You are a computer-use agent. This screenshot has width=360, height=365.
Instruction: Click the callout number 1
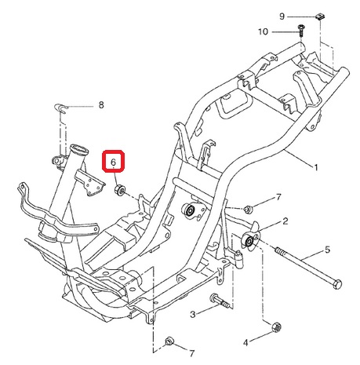315,167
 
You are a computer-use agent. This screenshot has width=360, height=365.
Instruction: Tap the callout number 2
285,221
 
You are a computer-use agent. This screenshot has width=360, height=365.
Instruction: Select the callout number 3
193,314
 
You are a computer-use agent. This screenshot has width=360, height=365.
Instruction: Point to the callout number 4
245,342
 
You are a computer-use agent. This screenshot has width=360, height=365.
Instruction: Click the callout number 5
327,250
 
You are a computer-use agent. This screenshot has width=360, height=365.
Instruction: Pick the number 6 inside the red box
113,162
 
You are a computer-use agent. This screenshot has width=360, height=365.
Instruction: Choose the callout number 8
101,105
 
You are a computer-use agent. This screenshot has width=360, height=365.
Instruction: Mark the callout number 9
282,16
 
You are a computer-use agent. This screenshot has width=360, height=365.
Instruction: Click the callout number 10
263,31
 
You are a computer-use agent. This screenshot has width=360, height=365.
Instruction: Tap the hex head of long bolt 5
338,284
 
